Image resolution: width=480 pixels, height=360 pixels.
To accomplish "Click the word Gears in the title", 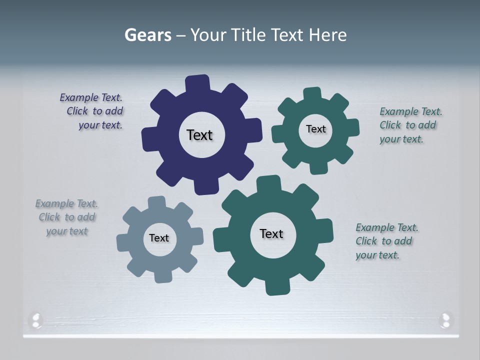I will pyautogui.click(x=148, y=35).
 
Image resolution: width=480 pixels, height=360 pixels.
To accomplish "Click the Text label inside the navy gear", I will pyautogui.click(x=199, y=135).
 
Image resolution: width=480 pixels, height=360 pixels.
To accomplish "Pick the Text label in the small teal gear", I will pyautogui.click(x=315, y=129).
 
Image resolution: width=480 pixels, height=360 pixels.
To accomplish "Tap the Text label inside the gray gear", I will pyautogui.click(x=159, y=238).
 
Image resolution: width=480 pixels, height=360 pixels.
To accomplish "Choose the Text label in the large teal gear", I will pyautogui.click(x=271, y=234).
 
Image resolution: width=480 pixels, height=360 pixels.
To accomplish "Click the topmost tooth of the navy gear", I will pyautogui.click(x=197, y=82).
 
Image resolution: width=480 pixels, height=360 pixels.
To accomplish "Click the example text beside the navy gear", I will pyautogui.click(x=93, y=111).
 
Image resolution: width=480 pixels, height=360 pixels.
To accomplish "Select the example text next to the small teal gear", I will pyautogui.click(x=409, y=125).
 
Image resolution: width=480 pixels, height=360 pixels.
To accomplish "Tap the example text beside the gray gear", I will pyautogui.click(x=67, y=217).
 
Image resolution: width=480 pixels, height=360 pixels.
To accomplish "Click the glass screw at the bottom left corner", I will pyautogui.click(x=35, y=319).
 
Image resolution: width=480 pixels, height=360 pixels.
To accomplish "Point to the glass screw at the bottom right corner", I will pyautogui.click(x=445, y=319).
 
